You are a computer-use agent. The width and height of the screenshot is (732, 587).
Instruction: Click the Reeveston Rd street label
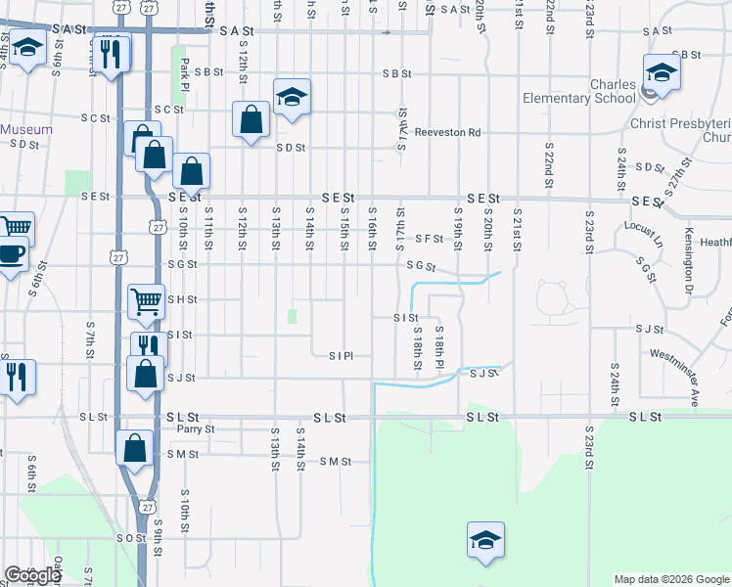(447, 132)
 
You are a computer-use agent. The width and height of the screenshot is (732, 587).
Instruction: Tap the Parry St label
(196, 429)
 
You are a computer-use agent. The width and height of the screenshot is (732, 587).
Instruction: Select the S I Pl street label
(340, 355)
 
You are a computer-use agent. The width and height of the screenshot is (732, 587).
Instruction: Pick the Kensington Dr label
(688, 262)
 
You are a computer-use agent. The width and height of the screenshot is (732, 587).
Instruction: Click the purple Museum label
(26, 129)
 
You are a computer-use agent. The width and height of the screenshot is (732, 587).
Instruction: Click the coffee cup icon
(13, 254)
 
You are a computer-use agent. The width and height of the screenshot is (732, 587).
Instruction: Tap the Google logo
(31, 575)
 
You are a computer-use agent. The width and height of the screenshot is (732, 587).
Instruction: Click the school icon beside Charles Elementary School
(662, 72)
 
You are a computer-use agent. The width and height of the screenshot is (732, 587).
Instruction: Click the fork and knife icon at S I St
(149, 346)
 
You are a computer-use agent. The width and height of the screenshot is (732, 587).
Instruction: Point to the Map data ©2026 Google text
(671, 579)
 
